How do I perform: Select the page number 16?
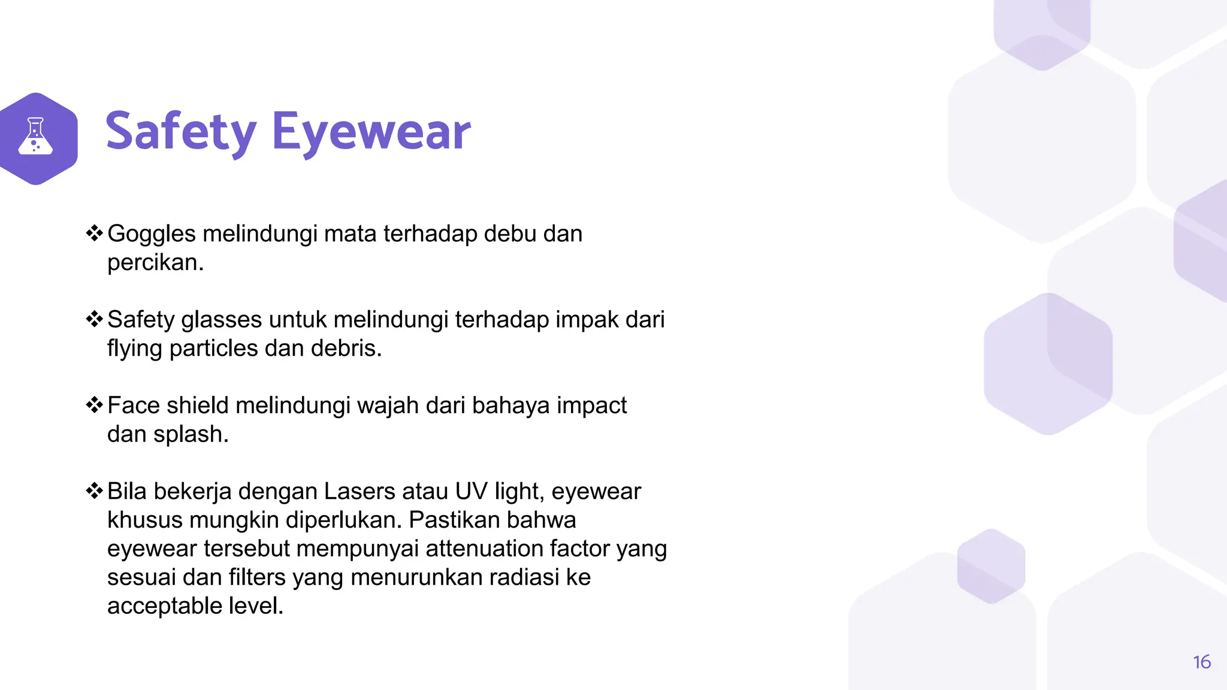1201,662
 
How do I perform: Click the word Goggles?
152,234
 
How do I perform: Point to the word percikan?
155,263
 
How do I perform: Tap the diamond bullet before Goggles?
94,233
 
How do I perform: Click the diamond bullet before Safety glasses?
94,319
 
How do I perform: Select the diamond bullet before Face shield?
94,405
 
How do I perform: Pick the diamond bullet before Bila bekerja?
94,491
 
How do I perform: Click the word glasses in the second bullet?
222,320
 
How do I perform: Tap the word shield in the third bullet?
198,405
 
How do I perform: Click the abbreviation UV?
471,491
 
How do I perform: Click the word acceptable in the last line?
165,606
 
